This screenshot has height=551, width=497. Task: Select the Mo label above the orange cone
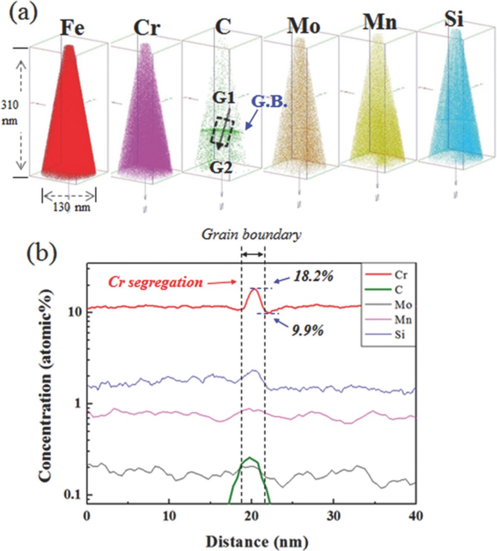tap(304, 27)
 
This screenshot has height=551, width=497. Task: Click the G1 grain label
tap(224, 99)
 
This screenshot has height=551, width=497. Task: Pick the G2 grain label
tap(222, 167)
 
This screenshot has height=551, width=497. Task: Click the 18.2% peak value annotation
tap(313, 276)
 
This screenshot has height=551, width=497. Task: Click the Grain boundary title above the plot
tap(252, 235)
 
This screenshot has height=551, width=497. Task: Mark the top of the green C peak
tap(250, 458)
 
